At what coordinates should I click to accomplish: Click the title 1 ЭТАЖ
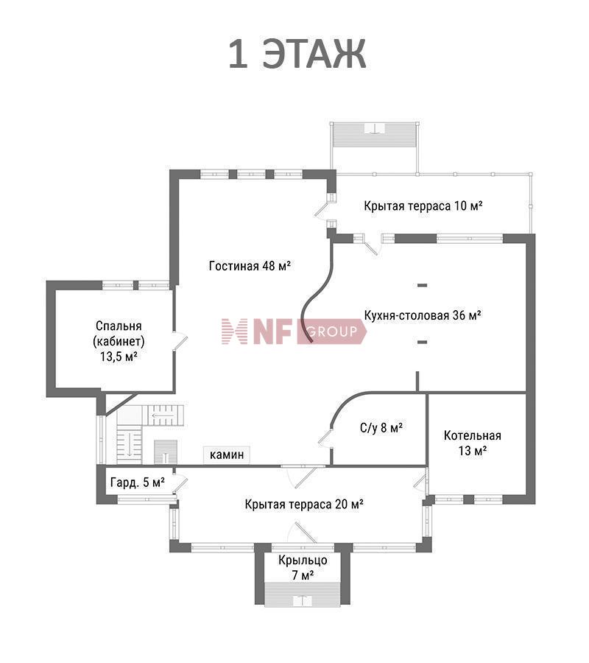(297, 54)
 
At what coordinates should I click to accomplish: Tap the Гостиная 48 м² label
(250, 266)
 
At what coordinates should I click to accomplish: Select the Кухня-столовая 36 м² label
(423, 315)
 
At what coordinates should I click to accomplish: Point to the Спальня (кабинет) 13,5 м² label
(119, 341)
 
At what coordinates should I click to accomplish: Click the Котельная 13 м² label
(473, 443)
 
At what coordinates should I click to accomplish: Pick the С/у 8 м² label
(381, 428)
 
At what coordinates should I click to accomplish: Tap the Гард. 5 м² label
(138, 483)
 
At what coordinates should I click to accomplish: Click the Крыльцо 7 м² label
(303, 568)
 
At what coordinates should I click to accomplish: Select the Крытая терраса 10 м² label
(423, 206)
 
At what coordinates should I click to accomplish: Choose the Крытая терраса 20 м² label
(304, 505)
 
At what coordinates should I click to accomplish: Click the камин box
(227, 455)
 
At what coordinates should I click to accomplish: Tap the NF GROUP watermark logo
(294, 331)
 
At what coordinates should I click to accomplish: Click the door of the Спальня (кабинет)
(179, 341)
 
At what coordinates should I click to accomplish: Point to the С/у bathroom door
(326, 438)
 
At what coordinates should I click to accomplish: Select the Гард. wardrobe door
(180, 483)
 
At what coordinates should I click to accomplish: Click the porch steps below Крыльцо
(303, 594)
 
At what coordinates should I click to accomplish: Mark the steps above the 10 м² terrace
(374, 135)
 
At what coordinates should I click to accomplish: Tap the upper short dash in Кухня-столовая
(422, 285)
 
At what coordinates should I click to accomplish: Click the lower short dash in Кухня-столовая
(422, 342)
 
